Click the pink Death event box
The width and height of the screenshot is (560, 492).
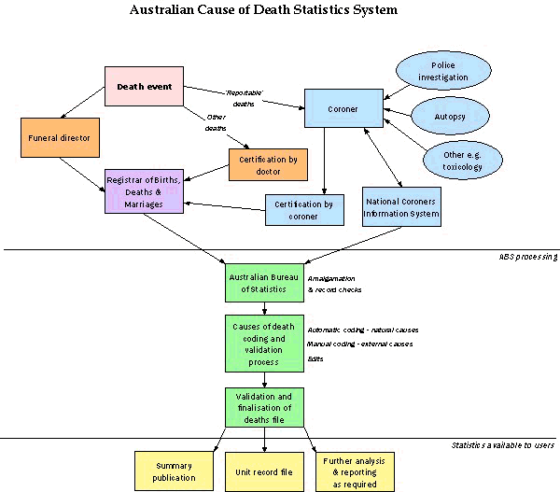point(144,87)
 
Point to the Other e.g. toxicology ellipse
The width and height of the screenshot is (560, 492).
point(454,159)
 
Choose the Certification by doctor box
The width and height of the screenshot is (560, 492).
point(268,164)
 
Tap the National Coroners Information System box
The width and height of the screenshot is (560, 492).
point(401,205)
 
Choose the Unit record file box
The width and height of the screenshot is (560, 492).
point(266,471)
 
